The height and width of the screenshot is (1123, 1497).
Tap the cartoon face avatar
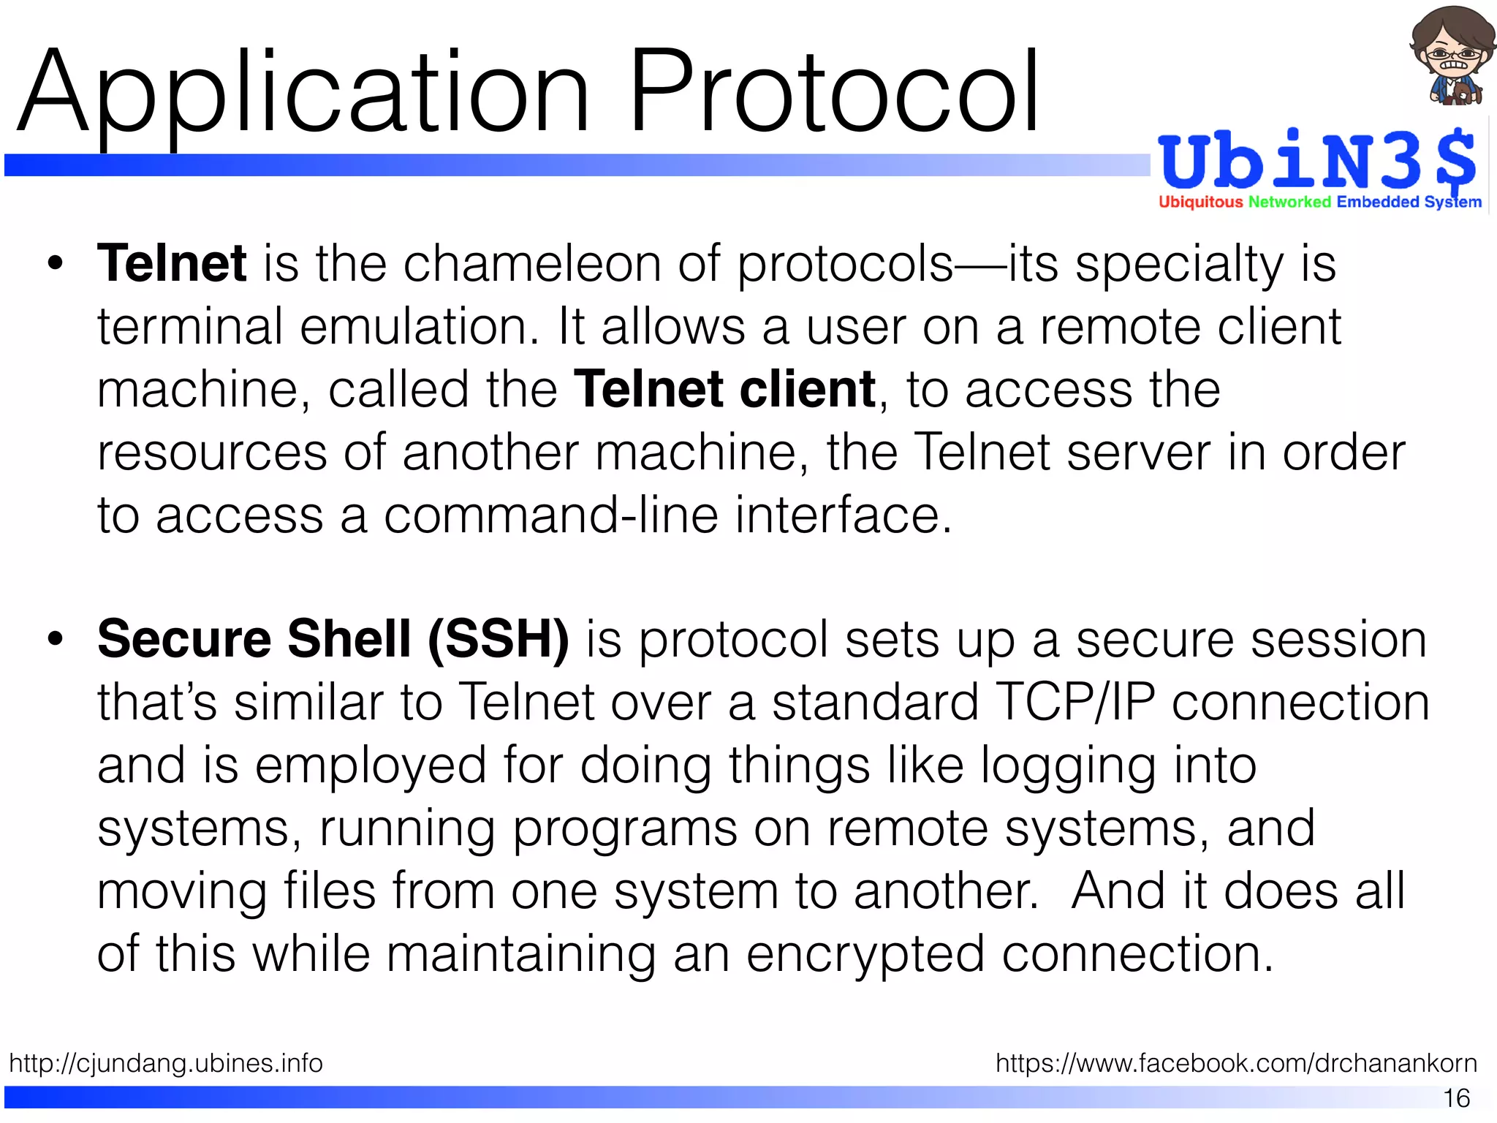click(x=1447, y=55)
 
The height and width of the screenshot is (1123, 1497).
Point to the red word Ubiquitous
click(x=1200, y=202)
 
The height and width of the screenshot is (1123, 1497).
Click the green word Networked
click(x=1289, y=202)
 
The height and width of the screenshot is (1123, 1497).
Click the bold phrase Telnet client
click(x=724, y=389)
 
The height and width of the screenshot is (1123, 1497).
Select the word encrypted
click(x=865, y=955)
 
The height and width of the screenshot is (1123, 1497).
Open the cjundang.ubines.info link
click(x=166, y=1062)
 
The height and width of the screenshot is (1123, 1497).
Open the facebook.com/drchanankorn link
click(x=1236, y=1062)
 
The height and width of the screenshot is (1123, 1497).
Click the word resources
click(x=212, y=453)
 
